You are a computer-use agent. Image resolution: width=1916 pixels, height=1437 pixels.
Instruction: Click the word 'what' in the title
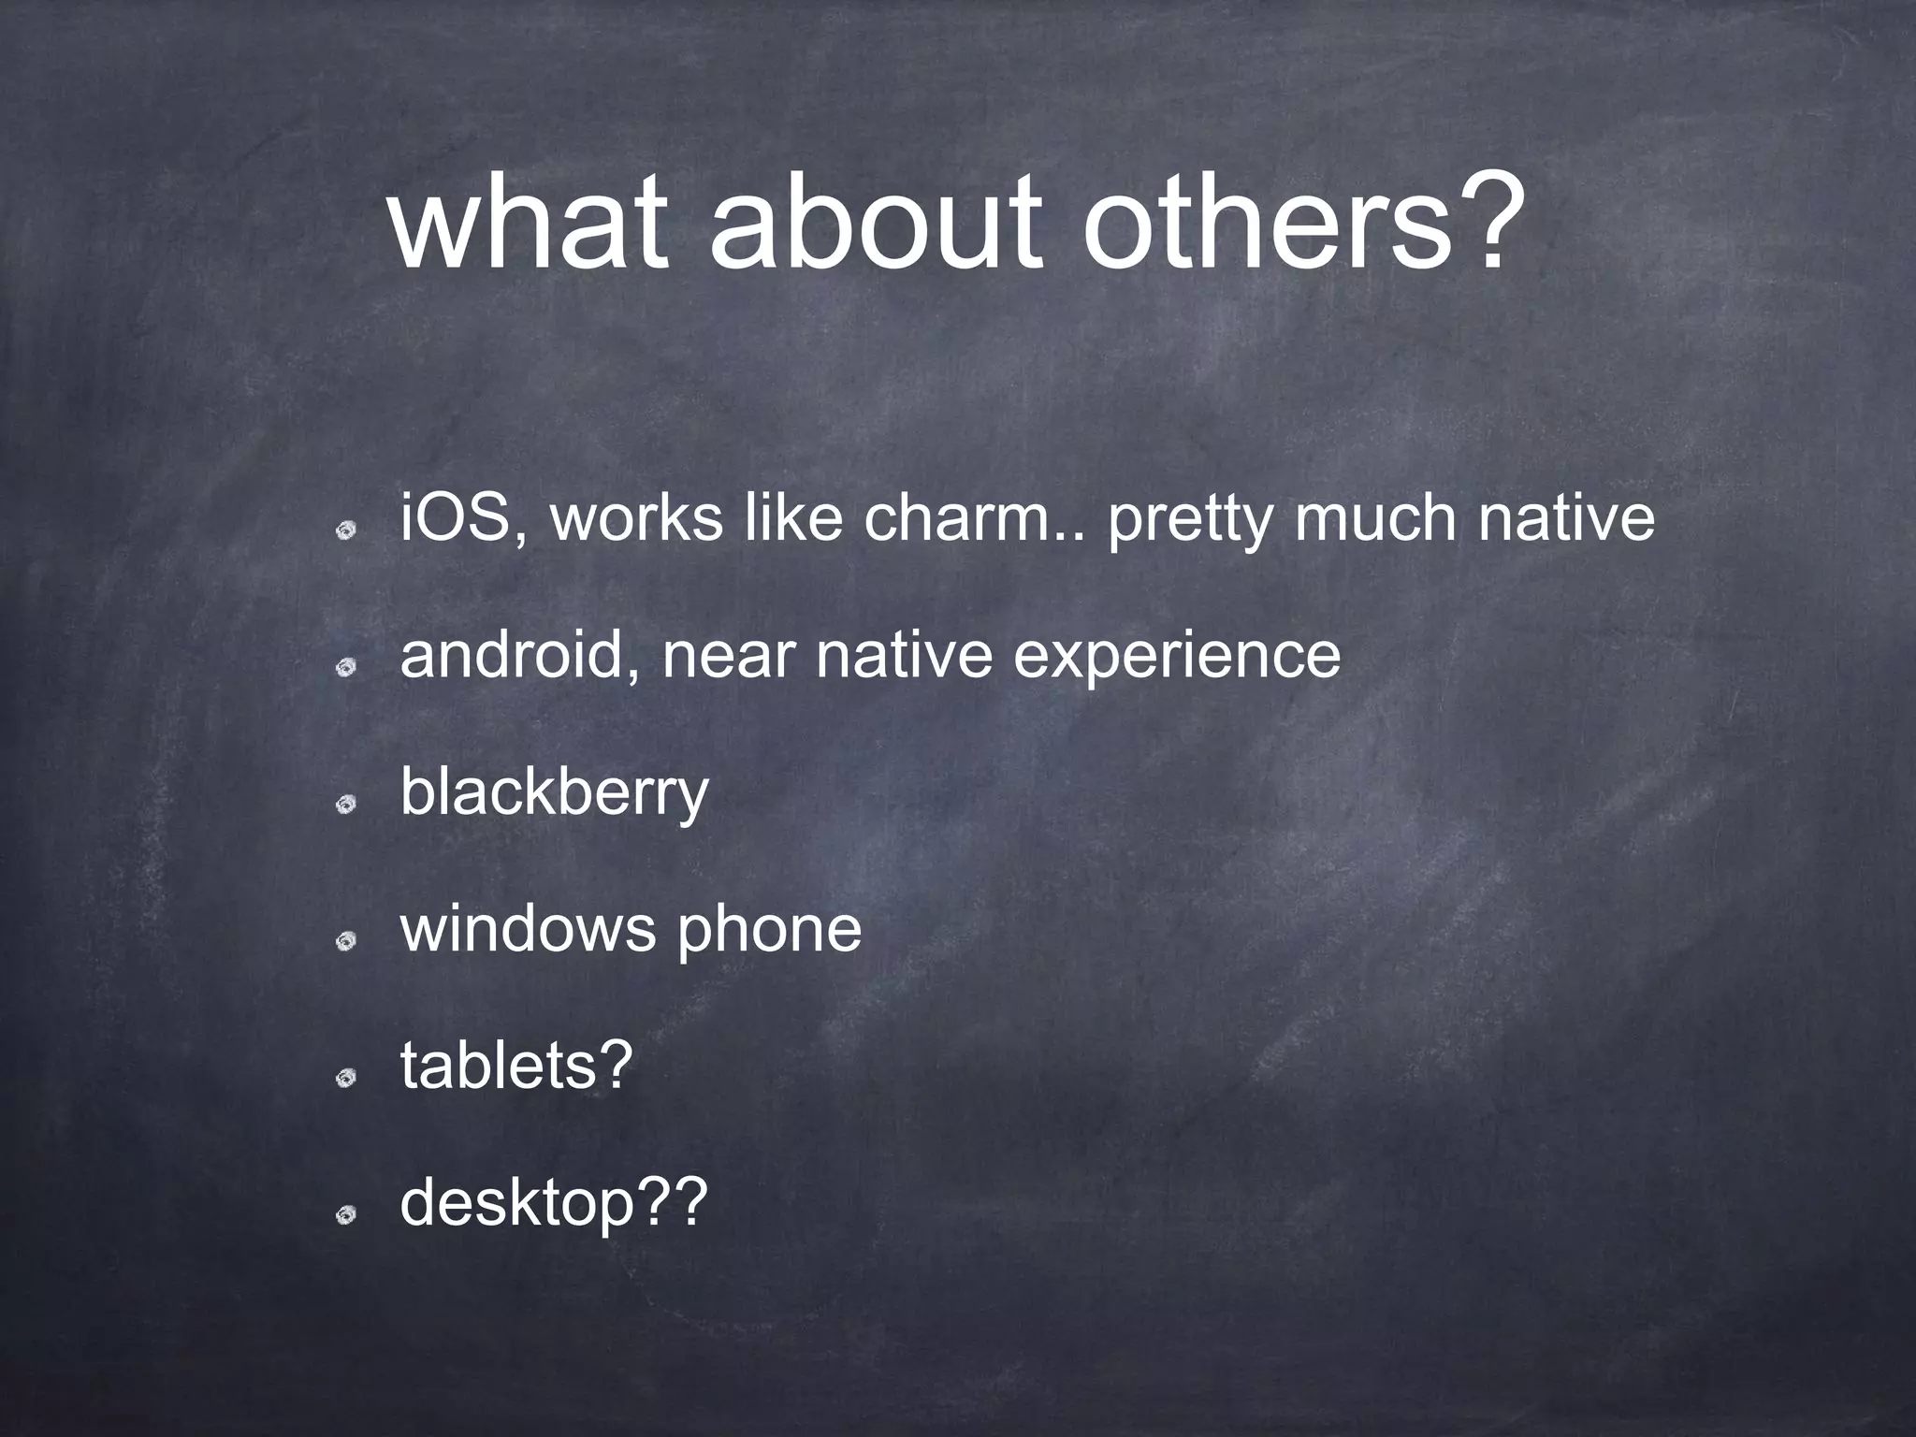(x=529, y=225)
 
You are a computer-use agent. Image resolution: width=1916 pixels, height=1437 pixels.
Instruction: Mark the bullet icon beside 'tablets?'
(x=346, y=1079)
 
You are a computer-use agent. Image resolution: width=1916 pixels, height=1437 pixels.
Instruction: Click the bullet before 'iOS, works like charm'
(x=346, y=530)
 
